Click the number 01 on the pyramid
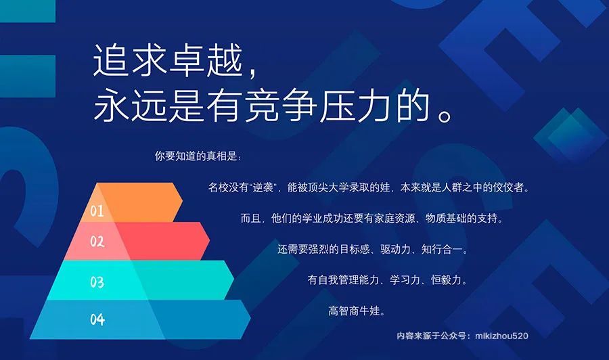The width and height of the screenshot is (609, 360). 97,211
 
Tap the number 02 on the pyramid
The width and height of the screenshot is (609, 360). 97,242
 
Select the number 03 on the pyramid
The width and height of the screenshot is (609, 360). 97,282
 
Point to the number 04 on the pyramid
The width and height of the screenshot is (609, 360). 97,319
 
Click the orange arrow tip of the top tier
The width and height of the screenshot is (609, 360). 182,201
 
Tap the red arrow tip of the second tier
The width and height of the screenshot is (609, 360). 209,241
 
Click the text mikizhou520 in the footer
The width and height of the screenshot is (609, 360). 501,336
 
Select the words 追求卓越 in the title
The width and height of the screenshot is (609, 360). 168,61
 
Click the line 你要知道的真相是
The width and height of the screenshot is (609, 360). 196,156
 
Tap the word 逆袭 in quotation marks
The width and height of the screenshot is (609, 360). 263,187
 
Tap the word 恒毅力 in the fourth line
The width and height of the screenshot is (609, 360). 447,279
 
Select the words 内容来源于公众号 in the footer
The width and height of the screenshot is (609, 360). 431,336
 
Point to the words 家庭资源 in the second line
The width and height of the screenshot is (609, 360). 394,219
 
